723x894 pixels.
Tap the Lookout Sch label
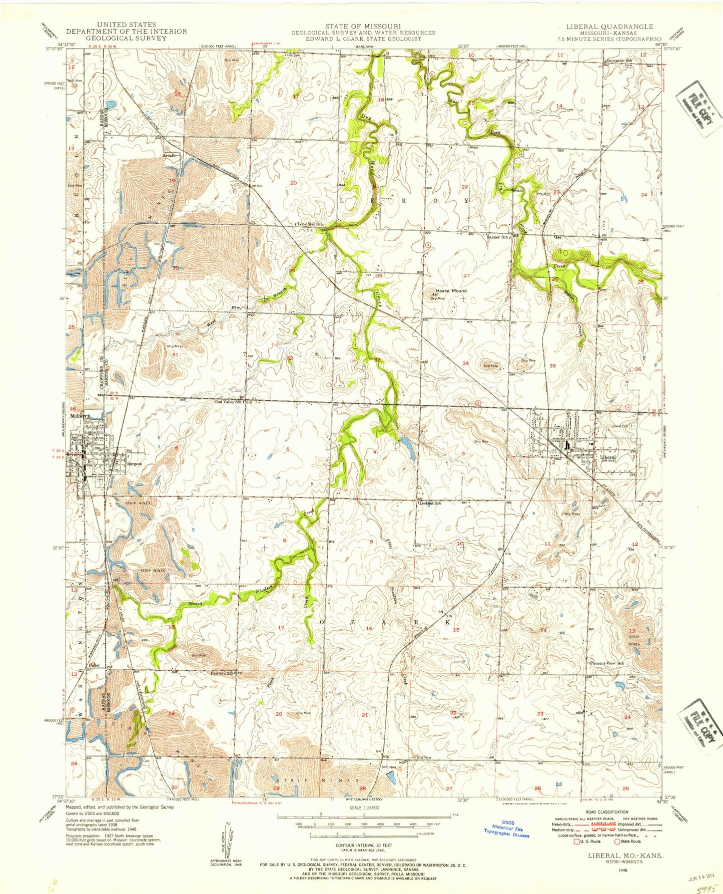(430, 503)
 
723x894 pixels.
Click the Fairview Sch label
(223, 673)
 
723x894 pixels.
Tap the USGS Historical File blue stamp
(507, 828)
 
